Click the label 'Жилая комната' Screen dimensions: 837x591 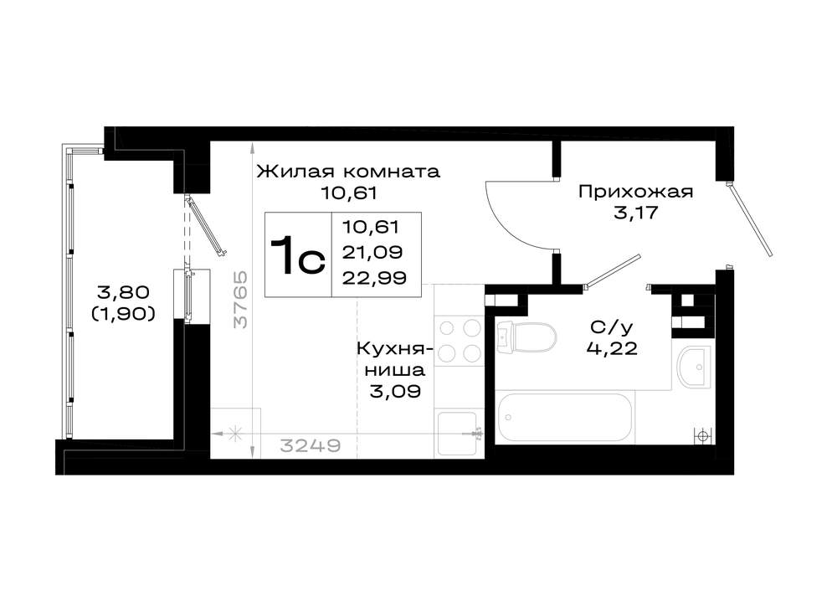[x=348, y=172]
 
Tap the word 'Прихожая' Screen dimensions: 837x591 [x=635, y=192]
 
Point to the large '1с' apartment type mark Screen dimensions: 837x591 [x=297, y=255]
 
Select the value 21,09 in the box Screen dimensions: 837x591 [x=372, y=252]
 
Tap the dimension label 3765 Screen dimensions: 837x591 [x=241, y=300]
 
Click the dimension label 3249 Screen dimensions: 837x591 [x=311, y=445]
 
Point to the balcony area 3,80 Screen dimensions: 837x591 [x=123, y=292]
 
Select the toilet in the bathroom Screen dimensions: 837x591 [x=526, y=337]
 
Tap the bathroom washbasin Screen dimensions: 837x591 [x=694, y=367]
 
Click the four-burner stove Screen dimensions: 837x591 [x=459, y=340]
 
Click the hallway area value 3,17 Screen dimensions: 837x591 [x=635, y=213]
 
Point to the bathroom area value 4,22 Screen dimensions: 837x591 [x=612, y=348]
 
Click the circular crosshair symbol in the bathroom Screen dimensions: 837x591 [x=703, y=435]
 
